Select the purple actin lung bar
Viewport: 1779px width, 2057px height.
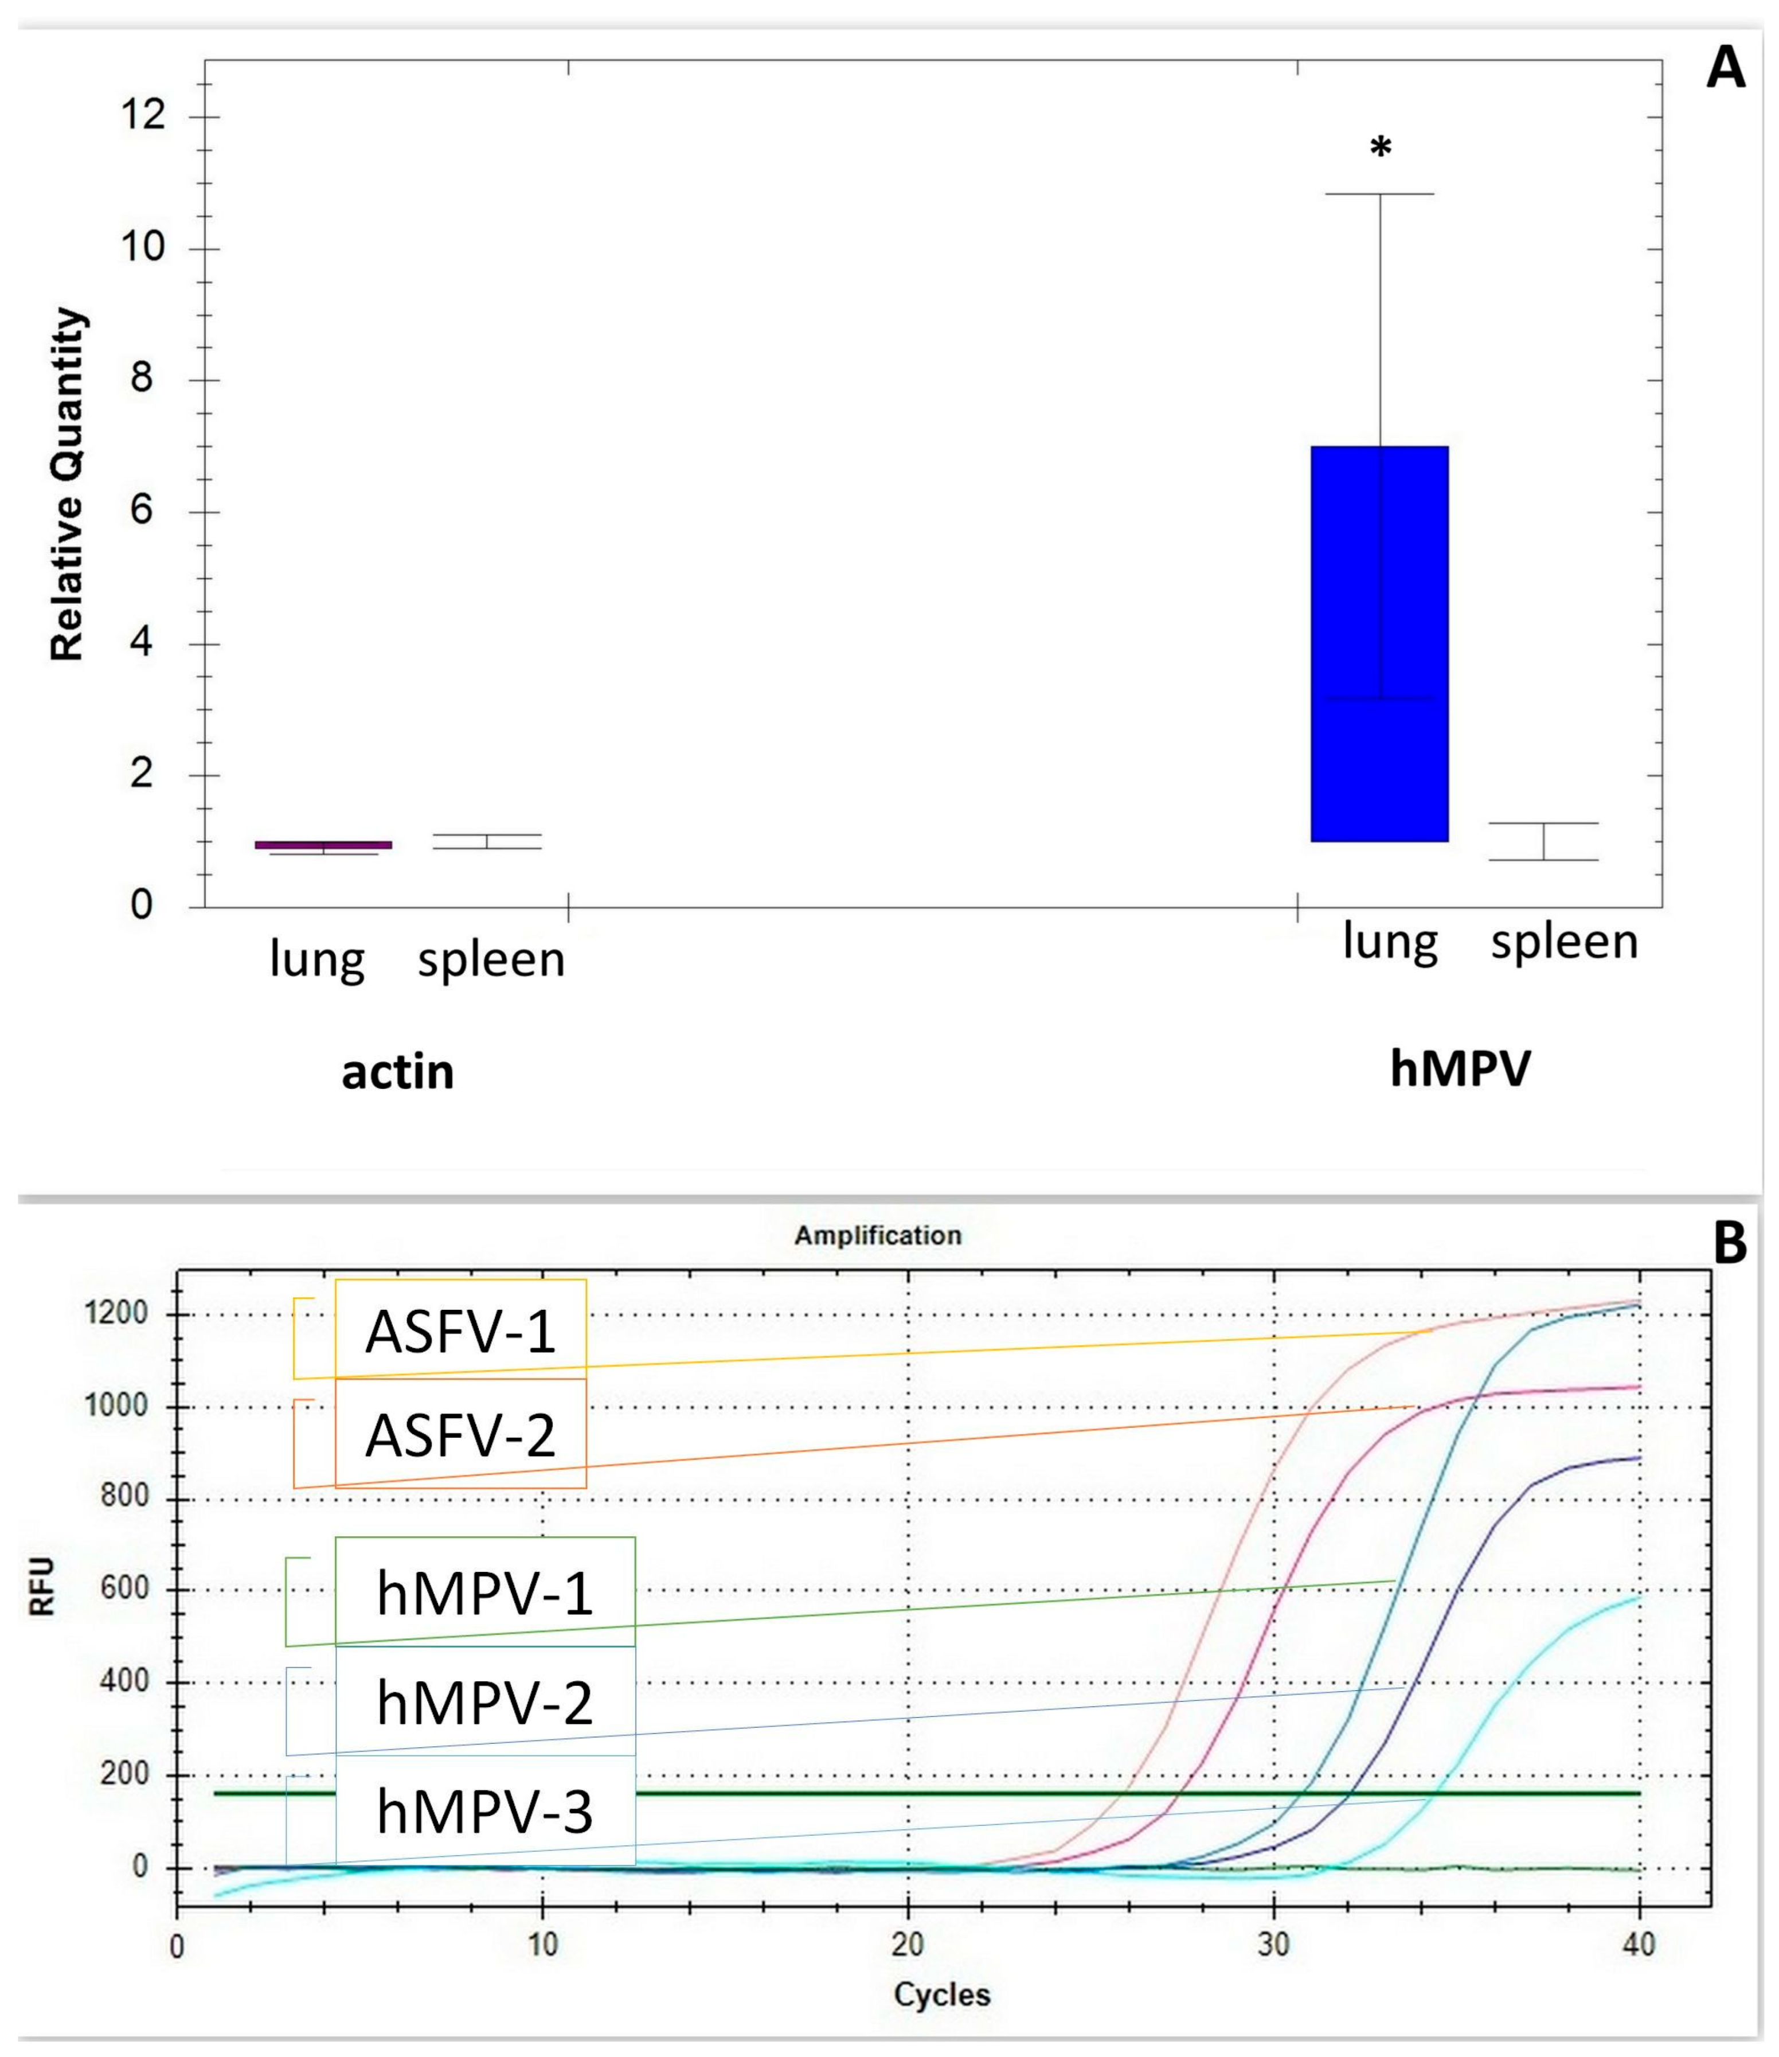click(x=323, y=845)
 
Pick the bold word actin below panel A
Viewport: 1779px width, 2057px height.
click(x=397, y=1072)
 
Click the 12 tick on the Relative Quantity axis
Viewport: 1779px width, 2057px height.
click(x=142, y=117)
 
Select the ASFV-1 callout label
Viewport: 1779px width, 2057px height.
click(x=460, y=1332)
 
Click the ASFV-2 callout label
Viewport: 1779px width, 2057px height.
click(x=460, y=1435)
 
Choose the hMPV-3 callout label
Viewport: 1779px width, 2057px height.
click(x=484, y=1811)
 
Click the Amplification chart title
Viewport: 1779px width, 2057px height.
click(x=878, y=1235)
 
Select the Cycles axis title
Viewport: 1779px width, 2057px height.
click(x=941, y=1993)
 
